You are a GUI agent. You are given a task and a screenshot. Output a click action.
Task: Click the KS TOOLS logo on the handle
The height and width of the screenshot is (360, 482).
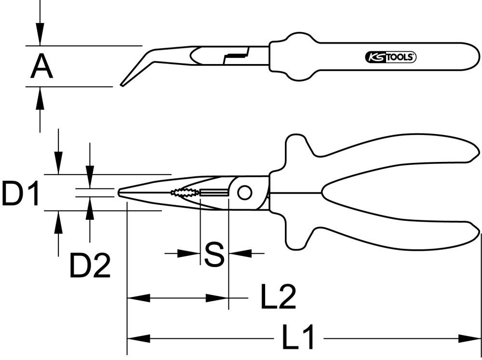pos(389,57)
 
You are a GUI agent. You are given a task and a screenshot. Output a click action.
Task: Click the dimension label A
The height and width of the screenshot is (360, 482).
pos(42,67)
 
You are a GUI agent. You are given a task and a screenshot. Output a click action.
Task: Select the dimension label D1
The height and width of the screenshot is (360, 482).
pos(19,193)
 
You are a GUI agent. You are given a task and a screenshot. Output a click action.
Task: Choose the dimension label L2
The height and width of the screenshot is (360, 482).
pos(278,298)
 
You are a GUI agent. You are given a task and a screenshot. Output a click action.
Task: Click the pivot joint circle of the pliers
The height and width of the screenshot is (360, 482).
pos(244,193)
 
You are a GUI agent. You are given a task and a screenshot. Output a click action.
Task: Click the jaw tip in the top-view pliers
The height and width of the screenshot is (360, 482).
pos(120,192)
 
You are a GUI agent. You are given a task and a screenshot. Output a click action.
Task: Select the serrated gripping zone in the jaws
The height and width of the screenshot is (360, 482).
pos(183,193)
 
